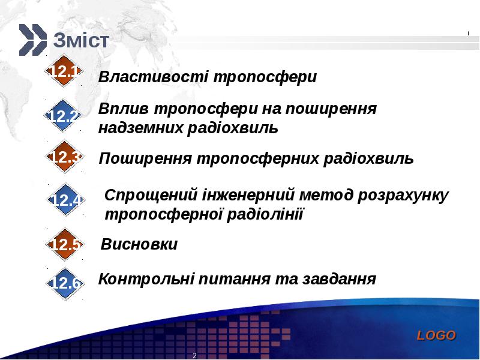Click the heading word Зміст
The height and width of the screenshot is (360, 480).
(x=81, y=40)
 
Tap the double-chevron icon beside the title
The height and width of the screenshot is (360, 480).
(x=33, y=40)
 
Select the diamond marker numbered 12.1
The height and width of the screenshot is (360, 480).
(x=64, y=71)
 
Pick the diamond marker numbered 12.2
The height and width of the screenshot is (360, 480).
(x=62, y=115)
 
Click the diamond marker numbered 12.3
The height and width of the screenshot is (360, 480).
(x=64, y=157)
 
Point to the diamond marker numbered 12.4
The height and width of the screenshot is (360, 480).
(x=65, y=200)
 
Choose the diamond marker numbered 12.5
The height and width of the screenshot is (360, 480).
(x=65, y=244)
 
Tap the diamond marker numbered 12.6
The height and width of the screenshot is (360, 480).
(x=65, y=283)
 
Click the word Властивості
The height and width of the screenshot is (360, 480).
(x=154, y=77)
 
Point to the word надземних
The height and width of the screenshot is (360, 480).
(x=140, y=128)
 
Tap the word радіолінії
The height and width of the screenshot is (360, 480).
(x=265, y=214)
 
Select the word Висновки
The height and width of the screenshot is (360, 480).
(x=139, y=244)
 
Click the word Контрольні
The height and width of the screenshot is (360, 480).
(x=146, y=279)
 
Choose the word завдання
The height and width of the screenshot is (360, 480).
(x=339, y=279)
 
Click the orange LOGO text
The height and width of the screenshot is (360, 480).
(x=436, y=335)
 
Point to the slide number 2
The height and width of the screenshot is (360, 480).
(x=194, y=355)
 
